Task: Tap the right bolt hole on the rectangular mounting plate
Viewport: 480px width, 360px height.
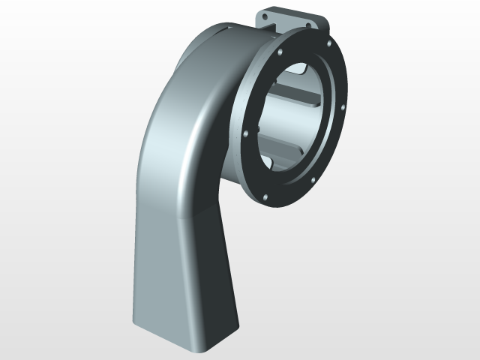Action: point(307,25)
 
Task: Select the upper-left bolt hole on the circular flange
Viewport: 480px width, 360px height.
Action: point(279,54)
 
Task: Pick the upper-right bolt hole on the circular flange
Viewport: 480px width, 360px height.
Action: point(327,44)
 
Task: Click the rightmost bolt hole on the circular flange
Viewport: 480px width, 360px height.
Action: point(343,107)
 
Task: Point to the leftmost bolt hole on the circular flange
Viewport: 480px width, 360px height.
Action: point(246,133)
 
